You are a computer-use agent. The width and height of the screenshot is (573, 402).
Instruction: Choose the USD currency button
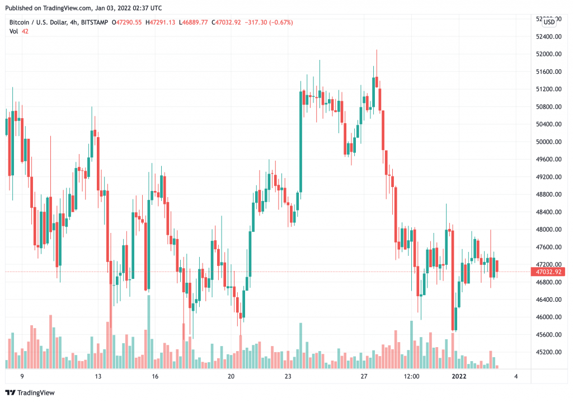(549, 22)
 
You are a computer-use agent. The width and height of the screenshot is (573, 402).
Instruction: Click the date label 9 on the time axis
(22, 377)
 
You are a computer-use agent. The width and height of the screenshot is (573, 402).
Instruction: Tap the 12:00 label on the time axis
(411, 377)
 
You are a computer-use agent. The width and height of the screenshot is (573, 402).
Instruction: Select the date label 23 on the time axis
(288, 377)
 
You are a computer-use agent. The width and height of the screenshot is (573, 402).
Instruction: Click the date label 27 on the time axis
(364, 377)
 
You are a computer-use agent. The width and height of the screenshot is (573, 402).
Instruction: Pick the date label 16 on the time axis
(155, 377)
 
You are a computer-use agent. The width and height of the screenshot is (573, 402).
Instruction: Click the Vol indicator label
(13, 31)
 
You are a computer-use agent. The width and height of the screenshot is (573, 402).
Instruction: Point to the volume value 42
(25, 31)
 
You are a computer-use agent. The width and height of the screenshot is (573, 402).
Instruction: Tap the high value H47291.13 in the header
(161, 22)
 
